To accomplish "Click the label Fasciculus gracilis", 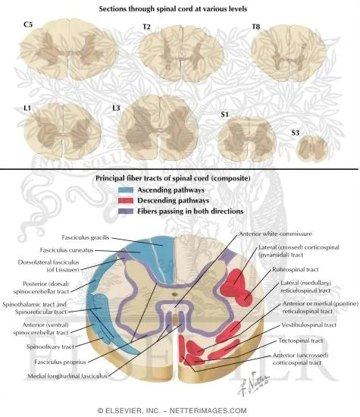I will [86, 237].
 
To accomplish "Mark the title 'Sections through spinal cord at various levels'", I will [180, 8].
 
